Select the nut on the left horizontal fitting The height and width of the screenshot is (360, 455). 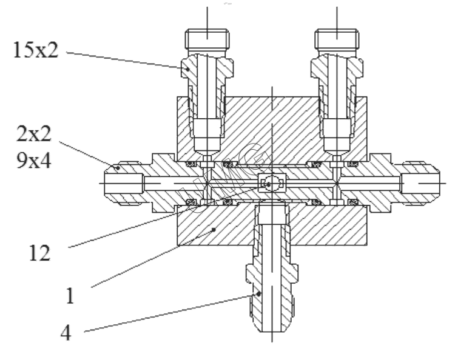point(124,181)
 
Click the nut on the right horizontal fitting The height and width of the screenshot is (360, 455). point(420,181)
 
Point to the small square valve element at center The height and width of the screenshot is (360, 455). point(271,182)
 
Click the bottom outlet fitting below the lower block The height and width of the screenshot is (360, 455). point(272,291)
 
